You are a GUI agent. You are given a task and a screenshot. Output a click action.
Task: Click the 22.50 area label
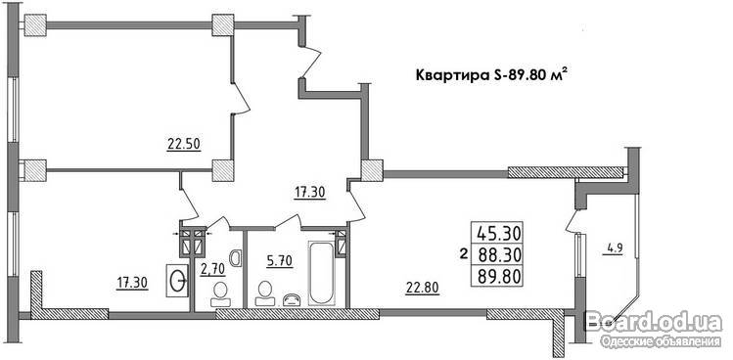[184, 145]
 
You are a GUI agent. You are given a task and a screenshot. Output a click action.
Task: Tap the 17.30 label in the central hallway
[310, 191]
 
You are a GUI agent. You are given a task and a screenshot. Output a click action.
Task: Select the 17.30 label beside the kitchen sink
[132, 283]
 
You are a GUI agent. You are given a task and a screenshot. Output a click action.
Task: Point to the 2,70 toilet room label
[212, 269]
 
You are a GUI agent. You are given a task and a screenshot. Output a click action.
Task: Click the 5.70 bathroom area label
[280, 261]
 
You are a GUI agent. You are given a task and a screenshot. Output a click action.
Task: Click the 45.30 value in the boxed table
[499, 233]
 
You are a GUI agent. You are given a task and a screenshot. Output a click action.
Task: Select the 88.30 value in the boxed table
[499, 254]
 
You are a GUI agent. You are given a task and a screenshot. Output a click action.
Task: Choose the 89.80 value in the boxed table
[499, 277]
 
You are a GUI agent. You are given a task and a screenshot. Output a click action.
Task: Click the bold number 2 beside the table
[464, 254]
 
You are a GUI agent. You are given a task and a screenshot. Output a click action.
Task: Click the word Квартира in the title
[452, 75]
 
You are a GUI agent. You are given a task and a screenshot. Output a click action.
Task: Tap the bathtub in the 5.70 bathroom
[322, 273]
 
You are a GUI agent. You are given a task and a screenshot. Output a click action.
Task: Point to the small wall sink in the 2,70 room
[236, 257]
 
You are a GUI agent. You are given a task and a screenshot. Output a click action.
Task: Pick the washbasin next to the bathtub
[294, 299]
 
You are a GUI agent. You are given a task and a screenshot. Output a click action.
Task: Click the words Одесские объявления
[660, 341]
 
